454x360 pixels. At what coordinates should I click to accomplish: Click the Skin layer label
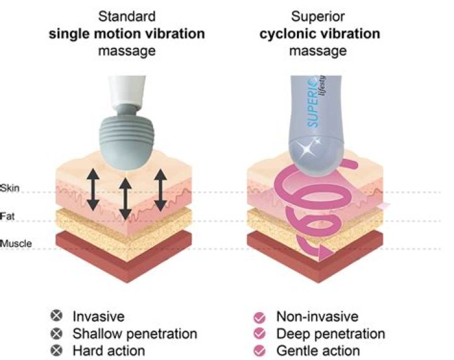pos(11,189)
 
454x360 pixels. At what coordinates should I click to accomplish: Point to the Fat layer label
pos(8,216)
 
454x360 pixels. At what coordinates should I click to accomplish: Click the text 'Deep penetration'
pos(330,334)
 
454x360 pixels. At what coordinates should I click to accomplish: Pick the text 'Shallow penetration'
pos(134,334)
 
